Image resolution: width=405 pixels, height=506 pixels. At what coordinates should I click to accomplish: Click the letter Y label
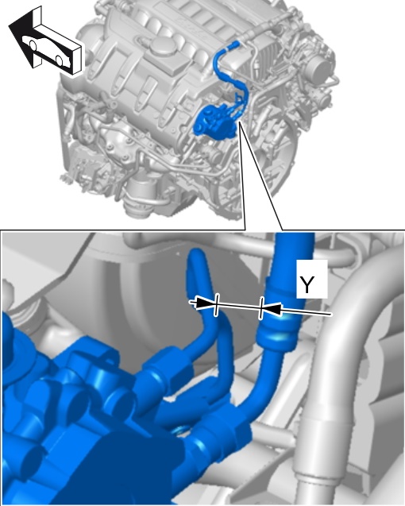307,284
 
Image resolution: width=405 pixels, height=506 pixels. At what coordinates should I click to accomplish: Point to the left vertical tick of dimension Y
217,305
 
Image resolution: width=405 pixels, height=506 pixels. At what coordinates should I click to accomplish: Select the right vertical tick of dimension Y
261,308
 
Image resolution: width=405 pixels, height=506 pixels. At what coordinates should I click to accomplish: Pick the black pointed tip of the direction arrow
9,25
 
